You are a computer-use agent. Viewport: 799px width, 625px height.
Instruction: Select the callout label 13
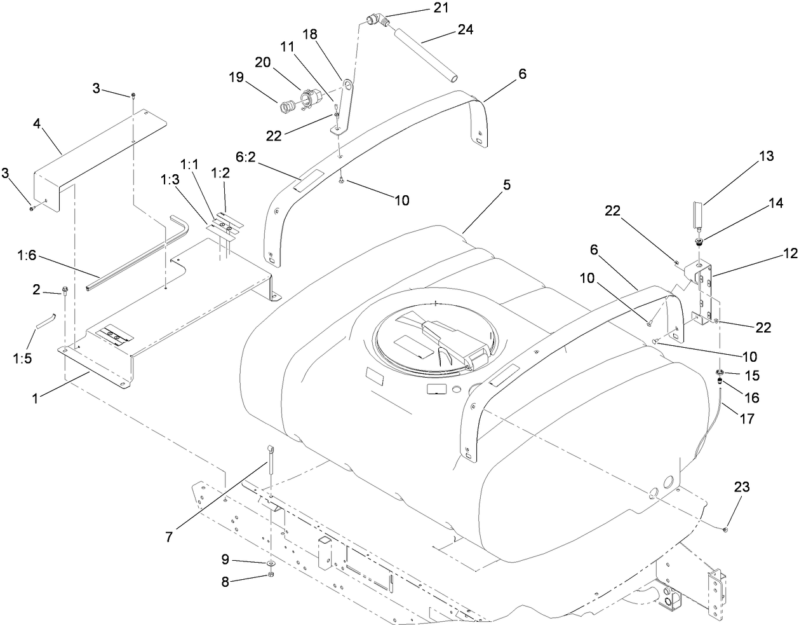pyautogui.click(x=766, y=156)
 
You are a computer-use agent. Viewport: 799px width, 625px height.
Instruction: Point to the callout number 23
pyautogui.click(x=741, y=487)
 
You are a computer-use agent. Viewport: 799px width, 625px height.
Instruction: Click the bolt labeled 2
pyautogui.click(x=65, y=292)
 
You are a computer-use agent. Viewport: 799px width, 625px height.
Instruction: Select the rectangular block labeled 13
pyautogui.click(x=697, y=213)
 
